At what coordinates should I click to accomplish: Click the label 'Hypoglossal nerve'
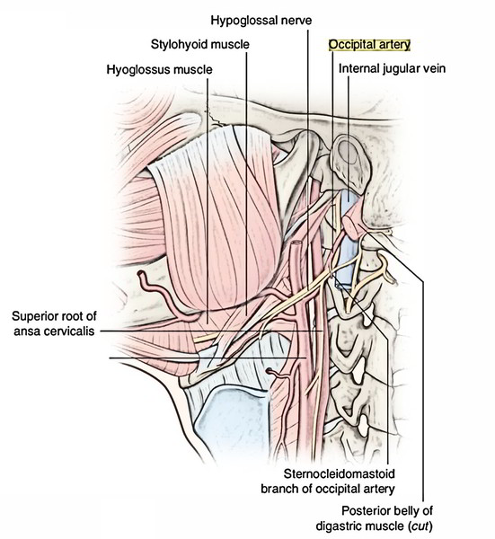261,21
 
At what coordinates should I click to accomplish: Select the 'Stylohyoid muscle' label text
200,44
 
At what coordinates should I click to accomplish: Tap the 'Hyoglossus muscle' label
160,69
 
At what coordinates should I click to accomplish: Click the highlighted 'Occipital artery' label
369,45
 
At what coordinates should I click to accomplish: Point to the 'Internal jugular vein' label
392,68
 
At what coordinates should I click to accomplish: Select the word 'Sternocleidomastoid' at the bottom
339,474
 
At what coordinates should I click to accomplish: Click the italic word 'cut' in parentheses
420,526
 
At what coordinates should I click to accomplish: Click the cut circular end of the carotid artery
296,243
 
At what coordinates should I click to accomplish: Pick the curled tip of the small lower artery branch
269,370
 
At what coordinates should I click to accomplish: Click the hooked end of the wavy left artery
141,274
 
